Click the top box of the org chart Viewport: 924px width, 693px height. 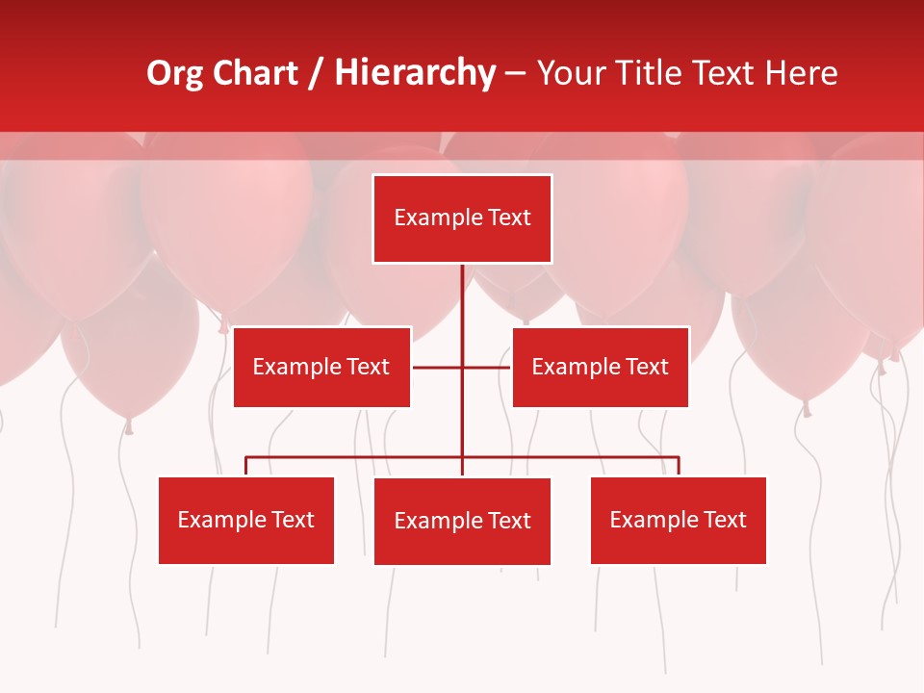coord(462,218)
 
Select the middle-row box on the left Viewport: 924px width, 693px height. coord(321,367)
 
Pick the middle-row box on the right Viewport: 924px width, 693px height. coord(601,367)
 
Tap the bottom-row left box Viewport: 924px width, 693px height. coord(246,520)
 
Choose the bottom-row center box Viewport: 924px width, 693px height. coord(462,521)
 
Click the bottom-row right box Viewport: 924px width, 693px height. coord(679,520)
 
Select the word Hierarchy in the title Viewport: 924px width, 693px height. coord(415,73)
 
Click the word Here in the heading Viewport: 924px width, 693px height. coord(801,73)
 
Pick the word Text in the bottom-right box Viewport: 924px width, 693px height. coord(725,520)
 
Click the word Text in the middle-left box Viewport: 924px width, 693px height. coord(368,367)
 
